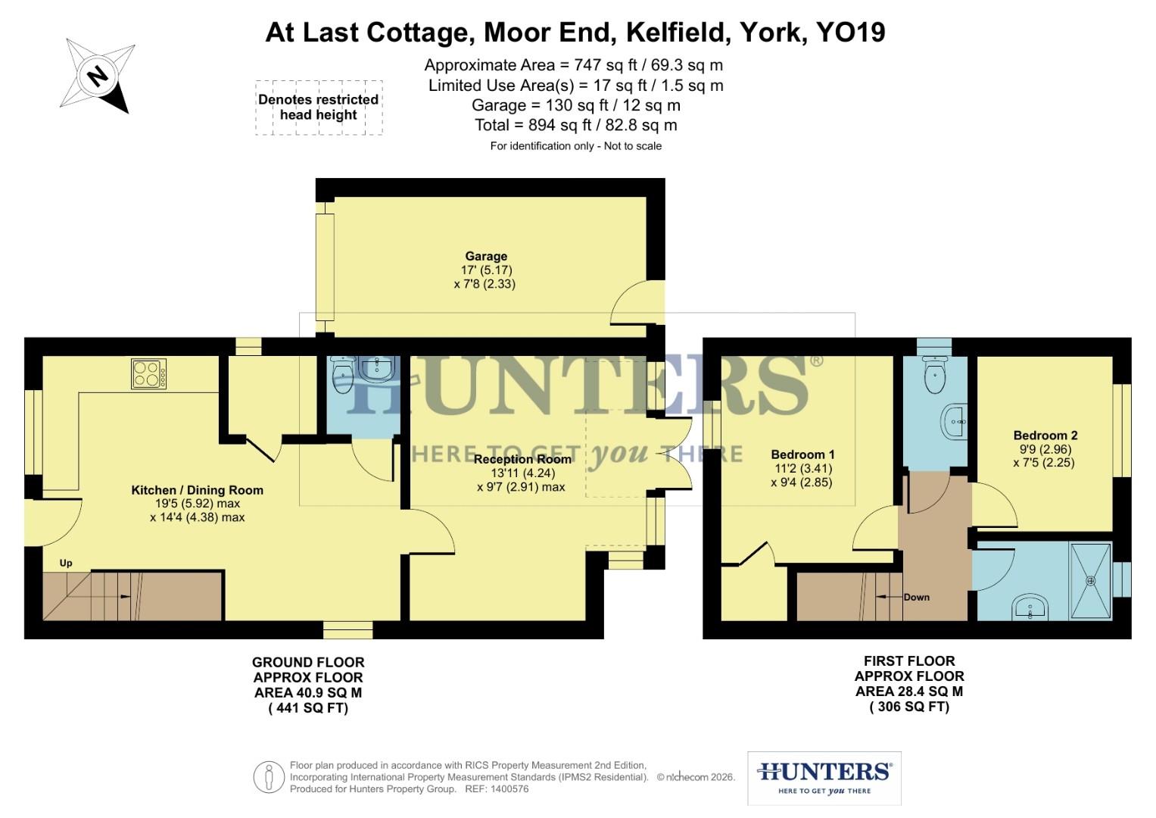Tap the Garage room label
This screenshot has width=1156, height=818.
(x=486, y=257)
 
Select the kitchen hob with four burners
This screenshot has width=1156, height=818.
(x=149, y=373)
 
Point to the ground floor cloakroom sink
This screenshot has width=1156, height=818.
(x=376, y=369)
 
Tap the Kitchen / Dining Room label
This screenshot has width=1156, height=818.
(x=197, y=490)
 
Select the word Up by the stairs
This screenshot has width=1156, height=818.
(x=66, y=563)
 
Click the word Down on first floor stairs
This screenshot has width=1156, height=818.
(x=916, y=597)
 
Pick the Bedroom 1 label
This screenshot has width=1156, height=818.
(x=802, y=454)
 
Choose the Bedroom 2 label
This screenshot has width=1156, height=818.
(x=1045, y=436)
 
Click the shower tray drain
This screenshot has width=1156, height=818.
(x=1091, y=581)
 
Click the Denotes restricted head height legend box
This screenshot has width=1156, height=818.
(x=319, y=108)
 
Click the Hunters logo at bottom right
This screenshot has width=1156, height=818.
(x=824, y=778)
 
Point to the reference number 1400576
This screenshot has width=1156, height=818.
(x=508, y=789)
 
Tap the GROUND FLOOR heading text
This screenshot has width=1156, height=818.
(x=308, y=662)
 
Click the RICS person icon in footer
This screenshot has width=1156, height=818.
(x=269, y=776)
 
